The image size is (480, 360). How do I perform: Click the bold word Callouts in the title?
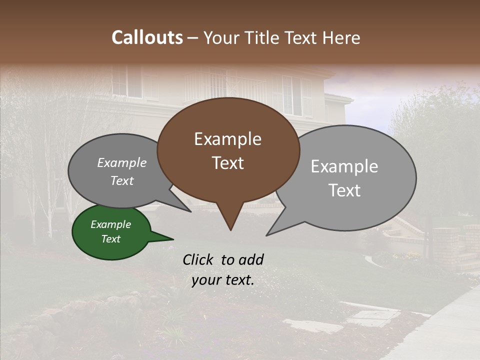(147, 37)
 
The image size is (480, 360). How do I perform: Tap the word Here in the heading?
(342, 37)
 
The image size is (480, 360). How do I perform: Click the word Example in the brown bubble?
(227, 139)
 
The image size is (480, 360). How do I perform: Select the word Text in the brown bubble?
(227, 163)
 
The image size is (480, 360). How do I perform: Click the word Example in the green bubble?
(110, 224)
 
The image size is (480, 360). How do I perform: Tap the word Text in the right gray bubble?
(345, 190)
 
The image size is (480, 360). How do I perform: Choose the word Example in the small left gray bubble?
(122, 162)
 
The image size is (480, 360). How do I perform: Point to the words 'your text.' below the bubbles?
(223, 280)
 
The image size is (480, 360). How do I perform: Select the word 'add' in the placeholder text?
(251, 259)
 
